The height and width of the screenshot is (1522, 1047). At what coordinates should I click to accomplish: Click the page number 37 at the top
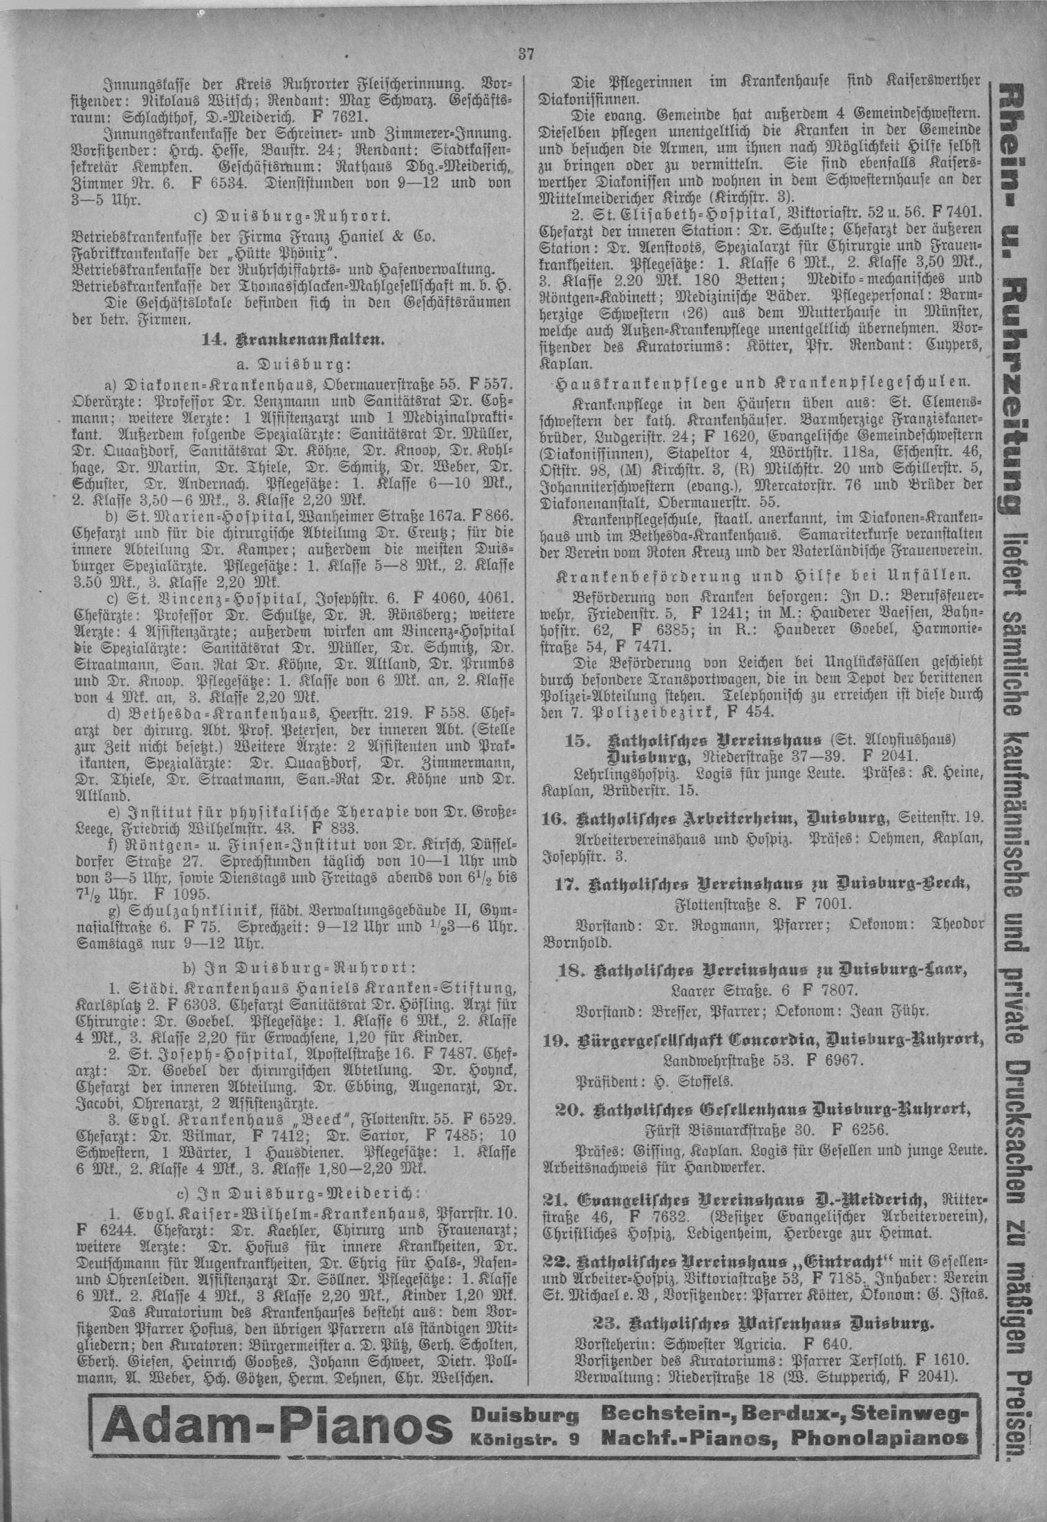pos(524,54)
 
